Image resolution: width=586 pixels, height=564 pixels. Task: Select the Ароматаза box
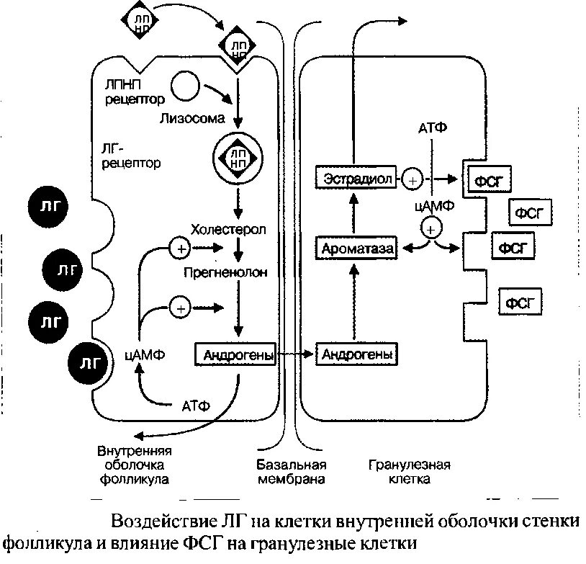tap(356, 249)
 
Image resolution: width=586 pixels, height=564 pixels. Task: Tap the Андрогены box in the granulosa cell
tap(357, 354)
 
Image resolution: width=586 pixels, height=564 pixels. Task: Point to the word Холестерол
tap(228, 230)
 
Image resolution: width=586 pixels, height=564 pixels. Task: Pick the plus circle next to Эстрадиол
tap(412, 177)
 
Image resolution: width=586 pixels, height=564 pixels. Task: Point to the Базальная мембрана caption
tap(291, 471)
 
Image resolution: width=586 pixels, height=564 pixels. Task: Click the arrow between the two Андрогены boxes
tap(297, 354)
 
